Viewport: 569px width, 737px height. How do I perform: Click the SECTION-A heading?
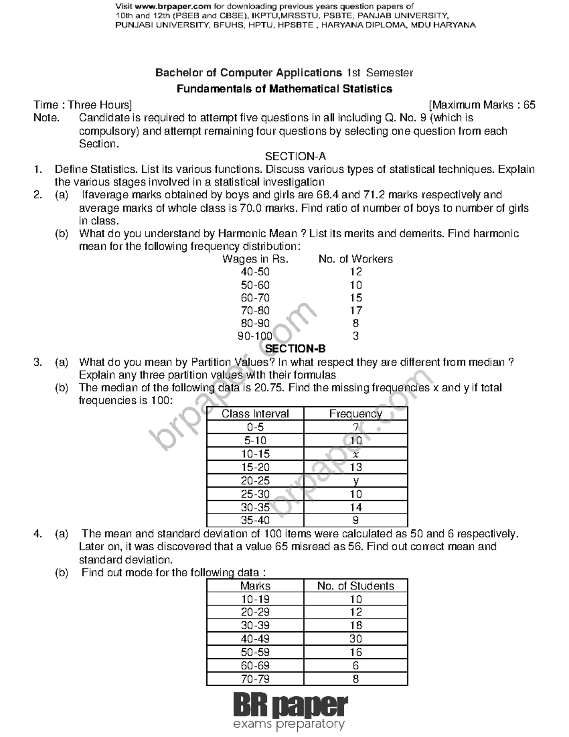pos(295,157)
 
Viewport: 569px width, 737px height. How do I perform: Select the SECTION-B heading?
pos(295,349)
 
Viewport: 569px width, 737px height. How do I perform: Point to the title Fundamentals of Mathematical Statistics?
pos(284,89)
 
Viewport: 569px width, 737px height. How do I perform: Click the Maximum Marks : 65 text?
pos(482,105)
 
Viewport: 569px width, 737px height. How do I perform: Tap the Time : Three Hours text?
pos(83,105)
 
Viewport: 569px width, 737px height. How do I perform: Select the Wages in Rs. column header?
pos(255,259)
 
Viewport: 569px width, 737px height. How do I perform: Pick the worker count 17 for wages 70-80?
pos(356,310)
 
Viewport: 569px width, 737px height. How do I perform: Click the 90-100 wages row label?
pos(255,336)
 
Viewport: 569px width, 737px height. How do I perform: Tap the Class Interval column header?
pos(255,414)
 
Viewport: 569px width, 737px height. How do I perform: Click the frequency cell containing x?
pos(356,454)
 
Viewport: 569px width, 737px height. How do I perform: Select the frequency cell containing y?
pos(356,481)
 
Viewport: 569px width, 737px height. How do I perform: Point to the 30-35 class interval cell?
pos(255,507)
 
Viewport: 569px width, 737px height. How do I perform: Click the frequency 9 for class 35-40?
pos(356,521)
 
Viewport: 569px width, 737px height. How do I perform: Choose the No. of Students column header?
pos(356,586)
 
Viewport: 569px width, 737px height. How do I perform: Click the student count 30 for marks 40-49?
pos(356,639)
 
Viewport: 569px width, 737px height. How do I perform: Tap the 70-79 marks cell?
pos(255,679)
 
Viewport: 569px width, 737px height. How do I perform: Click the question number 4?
pos(37,534)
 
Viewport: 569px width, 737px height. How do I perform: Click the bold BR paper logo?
pos(290,706)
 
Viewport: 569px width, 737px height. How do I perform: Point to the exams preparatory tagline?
pos(288,725)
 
